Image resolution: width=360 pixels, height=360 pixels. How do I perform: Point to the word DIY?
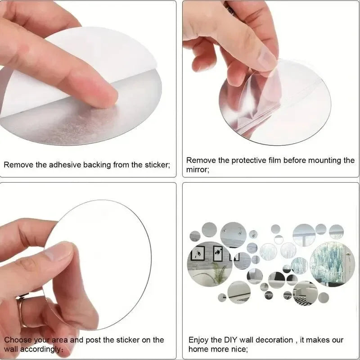tap(234, 340)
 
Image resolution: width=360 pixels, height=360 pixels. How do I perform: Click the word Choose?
tap(18, 340)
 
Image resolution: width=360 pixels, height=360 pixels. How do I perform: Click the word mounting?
tap(321, 160)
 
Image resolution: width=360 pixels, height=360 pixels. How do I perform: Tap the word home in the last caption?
tap(198, 349)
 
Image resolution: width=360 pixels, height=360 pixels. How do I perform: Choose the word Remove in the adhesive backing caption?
tap(18, 165)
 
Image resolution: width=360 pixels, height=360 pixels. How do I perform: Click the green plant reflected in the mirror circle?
tap(220, 272)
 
